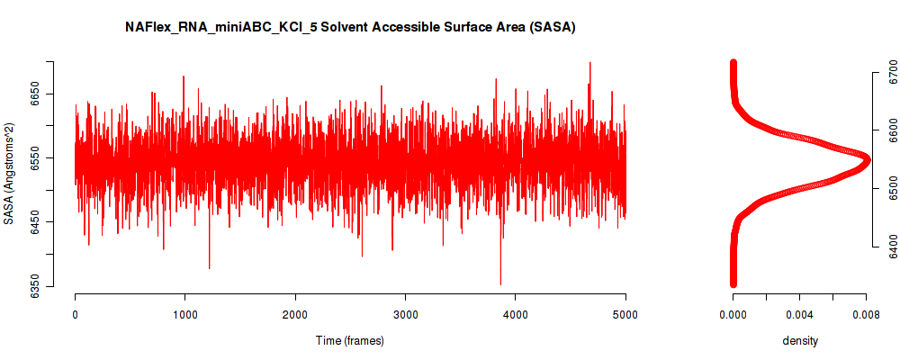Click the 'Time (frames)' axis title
tap(349, 340)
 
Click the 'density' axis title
tap(800, 340)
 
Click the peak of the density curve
tap(867, 159)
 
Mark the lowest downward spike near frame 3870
tap(500, 284)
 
